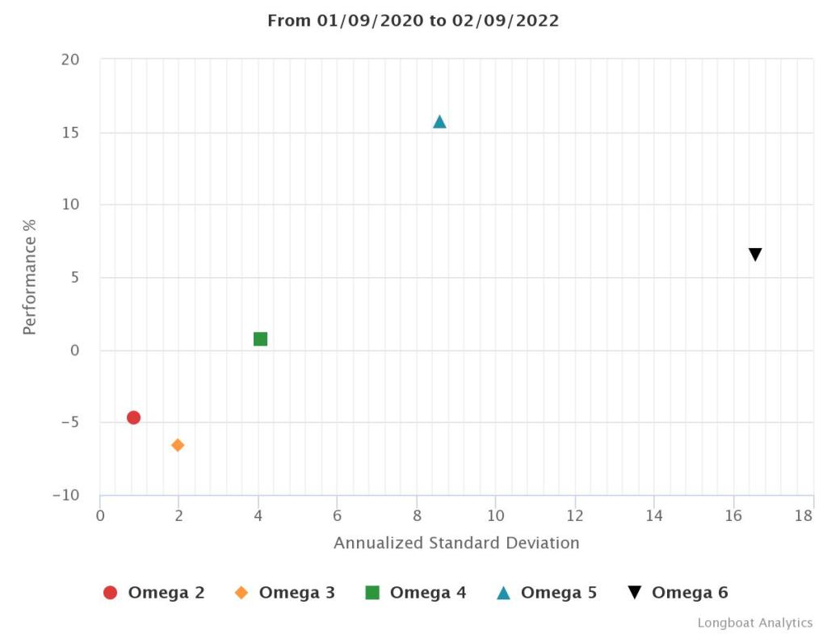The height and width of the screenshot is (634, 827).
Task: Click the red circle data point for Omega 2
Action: [x=133, y=418]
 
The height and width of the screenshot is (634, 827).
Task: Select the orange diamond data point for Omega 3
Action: [x=178, y=445]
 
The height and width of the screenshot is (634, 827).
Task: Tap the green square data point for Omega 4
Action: [x=260, y=339]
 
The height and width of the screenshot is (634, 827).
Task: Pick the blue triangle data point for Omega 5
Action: [x=439, y=122]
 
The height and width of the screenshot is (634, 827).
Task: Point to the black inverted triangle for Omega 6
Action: [x=755, y=255]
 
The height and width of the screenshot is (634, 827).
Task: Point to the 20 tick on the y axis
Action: [x=70, y=60]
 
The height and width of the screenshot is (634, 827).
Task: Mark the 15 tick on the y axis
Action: [x=71, y=132]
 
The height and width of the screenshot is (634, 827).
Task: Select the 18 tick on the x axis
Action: [x=804, y=516]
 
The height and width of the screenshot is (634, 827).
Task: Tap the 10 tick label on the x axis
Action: [x=496, y=516]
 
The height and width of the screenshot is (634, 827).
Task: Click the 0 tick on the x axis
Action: [x=100, y=516]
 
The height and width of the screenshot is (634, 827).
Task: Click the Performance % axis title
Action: [x=30, y=277]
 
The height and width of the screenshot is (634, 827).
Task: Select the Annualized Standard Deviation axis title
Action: [x=456, y=543]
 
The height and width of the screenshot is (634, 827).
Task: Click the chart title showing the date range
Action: [x=413, y=21]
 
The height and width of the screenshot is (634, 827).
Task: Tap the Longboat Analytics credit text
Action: [x=755, y=623]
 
